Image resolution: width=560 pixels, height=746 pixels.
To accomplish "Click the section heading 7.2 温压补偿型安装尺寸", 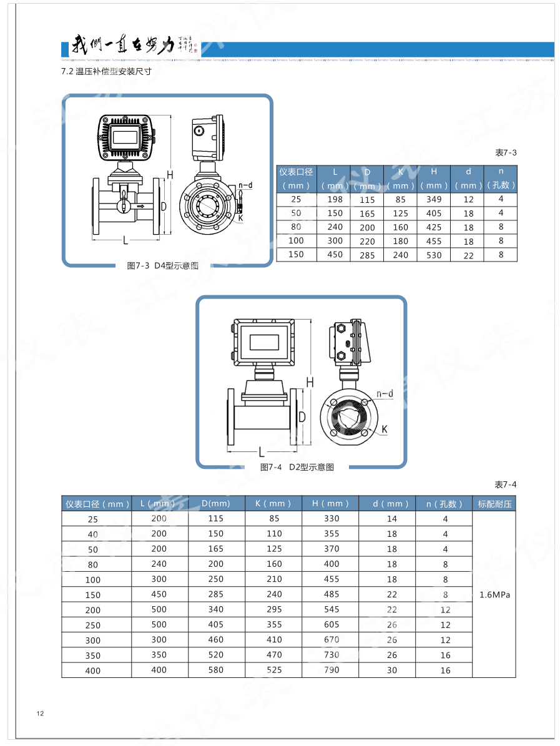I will click(106, 71).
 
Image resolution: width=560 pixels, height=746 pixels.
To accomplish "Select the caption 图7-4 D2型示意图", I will click(297, 467).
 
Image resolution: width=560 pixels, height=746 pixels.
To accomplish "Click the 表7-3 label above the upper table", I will click(506, 153).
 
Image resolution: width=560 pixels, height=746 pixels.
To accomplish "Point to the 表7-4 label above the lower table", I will click(506, 484).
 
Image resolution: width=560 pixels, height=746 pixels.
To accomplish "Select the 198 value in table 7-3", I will click(335, 199).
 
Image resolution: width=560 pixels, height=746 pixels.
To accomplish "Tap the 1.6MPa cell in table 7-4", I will click(494, 595).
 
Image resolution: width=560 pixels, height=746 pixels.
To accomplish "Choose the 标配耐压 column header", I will click(494, 504).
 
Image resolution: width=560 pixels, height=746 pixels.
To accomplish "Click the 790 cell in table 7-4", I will click(332, 670).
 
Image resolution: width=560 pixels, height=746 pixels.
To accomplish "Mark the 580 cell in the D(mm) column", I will click(216, 670).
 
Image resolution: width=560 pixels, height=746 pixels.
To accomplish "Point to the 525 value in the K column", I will click(273, 670).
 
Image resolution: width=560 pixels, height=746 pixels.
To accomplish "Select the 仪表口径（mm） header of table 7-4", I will click(97, 504).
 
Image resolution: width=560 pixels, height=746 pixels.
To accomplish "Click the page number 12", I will click(41, 714).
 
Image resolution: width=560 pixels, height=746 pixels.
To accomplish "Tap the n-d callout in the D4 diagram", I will click(245, 185).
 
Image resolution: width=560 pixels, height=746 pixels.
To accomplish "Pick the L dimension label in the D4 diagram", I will click(125, 240).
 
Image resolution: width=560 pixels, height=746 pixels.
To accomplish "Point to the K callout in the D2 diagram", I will click(385, 429).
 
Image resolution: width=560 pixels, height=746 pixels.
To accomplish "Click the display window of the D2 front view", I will click(264, 341).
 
